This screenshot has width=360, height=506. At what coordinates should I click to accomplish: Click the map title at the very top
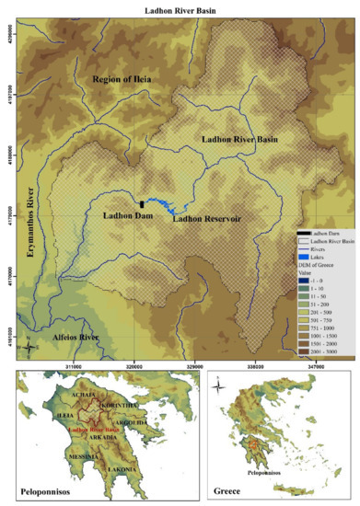tap(180, 8)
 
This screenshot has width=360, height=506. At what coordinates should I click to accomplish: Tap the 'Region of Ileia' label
tap(130, 82)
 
